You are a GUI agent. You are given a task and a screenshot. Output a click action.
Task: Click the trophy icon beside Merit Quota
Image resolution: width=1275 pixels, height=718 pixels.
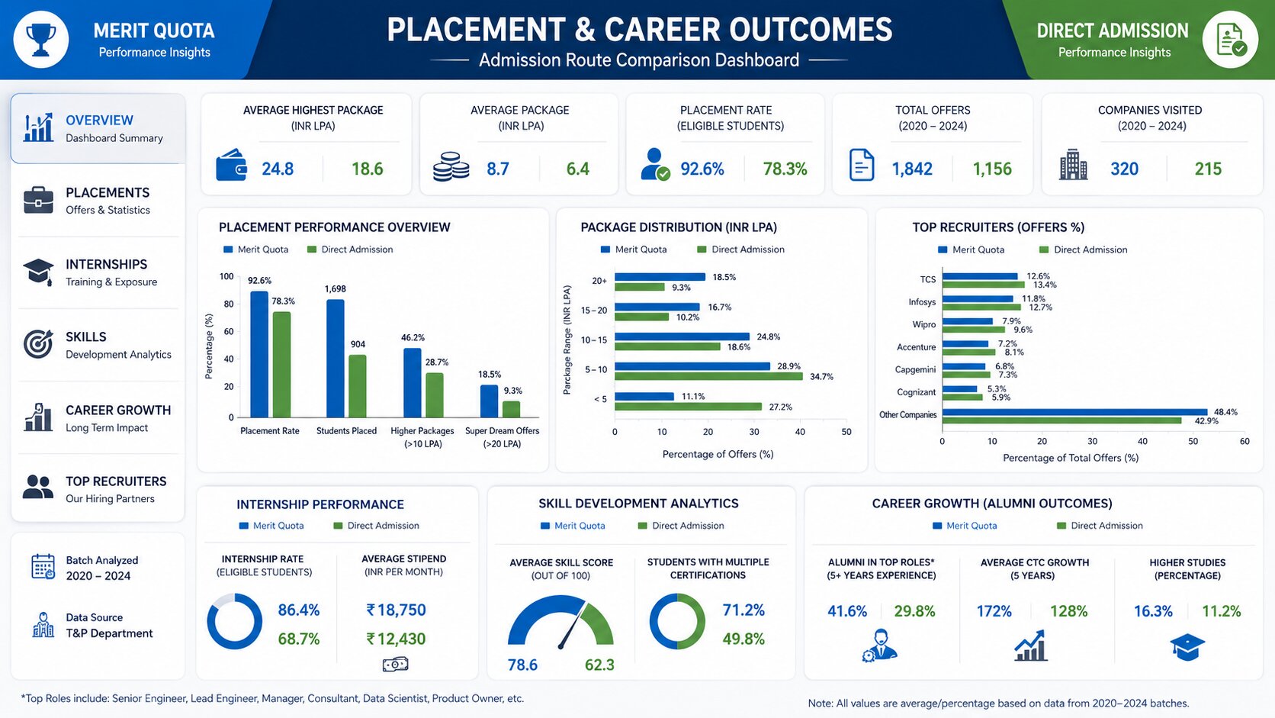click(x=41, y=40)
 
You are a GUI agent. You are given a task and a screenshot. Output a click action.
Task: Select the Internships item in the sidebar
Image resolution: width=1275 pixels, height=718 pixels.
click(x=98, y=272)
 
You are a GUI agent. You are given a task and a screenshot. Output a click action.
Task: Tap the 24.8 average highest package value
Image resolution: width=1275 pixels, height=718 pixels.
click(x=278, y=169)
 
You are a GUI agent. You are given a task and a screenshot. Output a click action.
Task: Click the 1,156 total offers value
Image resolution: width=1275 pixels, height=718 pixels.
click(x=992, y=169)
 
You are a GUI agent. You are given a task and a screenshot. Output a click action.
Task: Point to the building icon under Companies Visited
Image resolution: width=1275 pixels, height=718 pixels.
click(x=1073, y=165)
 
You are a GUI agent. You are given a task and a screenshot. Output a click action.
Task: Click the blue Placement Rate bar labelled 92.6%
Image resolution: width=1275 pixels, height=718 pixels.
click(x=259, y=354)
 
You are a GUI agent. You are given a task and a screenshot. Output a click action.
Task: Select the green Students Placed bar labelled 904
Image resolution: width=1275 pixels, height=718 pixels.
click(x=358, y=386)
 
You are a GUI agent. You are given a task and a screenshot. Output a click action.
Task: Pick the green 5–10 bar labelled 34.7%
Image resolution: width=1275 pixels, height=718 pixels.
click(x=708, y=376)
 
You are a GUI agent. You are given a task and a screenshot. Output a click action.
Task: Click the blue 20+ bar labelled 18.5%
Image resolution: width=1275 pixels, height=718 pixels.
click(x=660, y=277)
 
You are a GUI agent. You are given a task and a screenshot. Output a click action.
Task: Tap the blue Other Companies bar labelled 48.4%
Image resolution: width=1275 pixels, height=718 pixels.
click(x=1074, y=412)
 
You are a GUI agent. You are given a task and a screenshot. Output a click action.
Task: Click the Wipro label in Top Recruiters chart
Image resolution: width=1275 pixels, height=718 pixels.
click(x=923, y=324)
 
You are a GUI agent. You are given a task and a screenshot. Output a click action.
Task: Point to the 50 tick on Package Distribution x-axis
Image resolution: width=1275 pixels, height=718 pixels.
click(x=846, y=432)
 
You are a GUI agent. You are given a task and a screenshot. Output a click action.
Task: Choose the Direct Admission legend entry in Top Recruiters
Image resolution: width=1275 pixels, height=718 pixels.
click(x=1083, y=250)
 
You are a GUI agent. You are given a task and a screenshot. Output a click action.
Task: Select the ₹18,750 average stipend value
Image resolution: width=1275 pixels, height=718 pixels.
click(x=397, y=610)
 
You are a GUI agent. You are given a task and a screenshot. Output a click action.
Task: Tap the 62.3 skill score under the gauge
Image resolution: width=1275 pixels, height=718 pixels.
click(x=599, y=665)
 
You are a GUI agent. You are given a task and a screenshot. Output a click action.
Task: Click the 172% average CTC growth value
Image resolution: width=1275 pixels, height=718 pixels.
click(x=994, y=611)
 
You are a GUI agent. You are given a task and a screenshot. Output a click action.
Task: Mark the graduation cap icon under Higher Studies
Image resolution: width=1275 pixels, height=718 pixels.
click(x=1187, y=647)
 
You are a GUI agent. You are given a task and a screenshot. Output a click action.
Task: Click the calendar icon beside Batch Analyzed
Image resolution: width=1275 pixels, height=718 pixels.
click(x=43, y=567)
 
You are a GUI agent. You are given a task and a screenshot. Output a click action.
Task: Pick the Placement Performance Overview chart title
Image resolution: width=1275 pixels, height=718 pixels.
click(x=335, y=227)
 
